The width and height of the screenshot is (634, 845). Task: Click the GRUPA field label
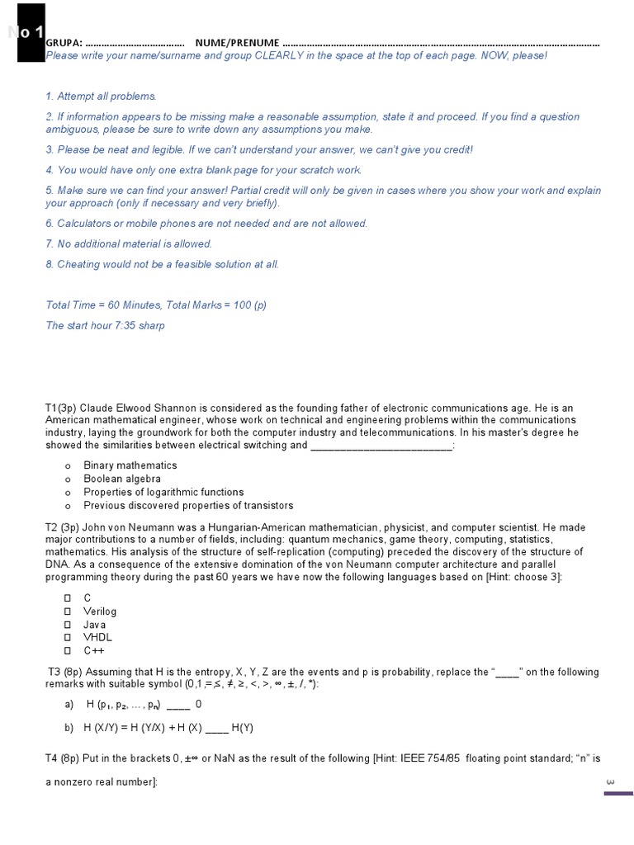tap(64, 43)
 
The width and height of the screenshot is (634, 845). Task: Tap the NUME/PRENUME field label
tap(237, 43)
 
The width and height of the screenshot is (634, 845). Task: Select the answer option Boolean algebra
tap(121, 479)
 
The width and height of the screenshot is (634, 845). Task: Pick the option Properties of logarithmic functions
tap(163, 492)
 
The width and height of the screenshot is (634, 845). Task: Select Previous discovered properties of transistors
tap(187, 505)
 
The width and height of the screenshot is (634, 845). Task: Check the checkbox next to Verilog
tap(69, 611)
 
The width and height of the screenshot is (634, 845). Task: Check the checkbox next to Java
tap(69, 625)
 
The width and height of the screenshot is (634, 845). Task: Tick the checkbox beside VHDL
tap(69, 638)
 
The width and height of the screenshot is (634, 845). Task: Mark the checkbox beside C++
tap(69, 651)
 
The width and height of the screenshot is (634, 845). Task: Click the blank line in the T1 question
tap(381, 446)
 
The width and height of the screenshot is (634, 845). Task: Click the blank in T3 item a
tap(178, 706)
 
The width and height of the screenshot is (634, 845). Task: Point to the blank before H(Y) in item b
tap(216, 729)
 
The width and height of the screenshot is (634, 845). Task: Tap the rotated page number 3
tap(610, 781)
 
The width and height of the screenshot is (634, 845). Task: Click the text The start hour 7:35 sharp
tap(105, 325)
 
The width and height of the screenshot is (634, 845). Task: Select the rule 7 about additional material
tap(129, 243)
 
